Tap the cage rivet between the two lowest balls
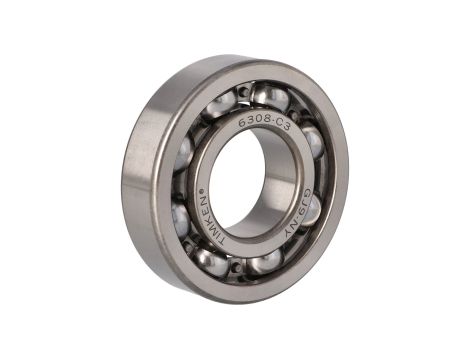[x=237, y=267]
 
